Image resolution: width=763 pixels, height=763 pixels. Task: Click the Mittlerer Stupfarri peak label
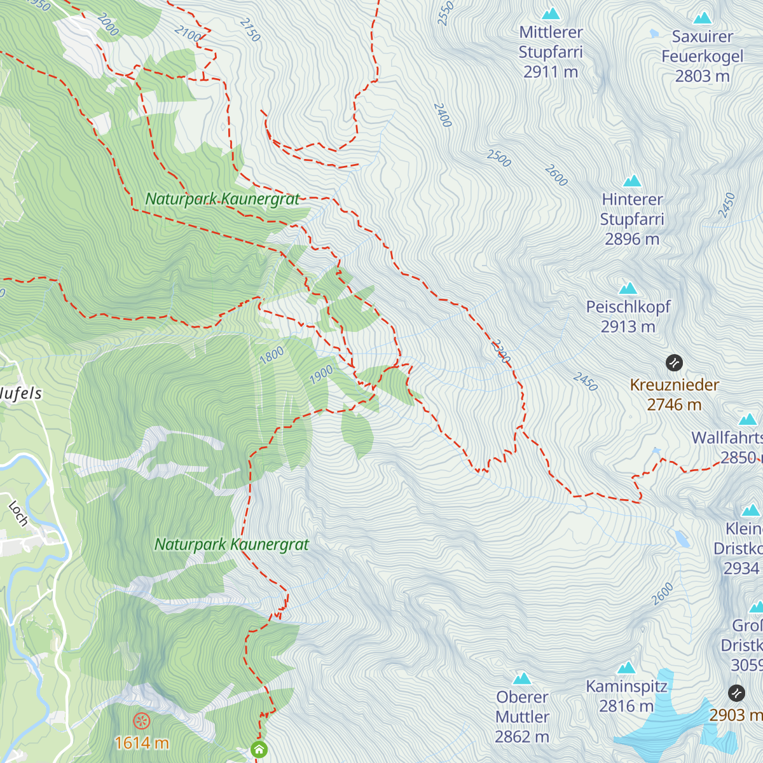[551, 52]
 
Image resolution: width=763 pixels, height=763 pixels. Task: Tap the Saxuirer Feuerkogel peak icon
[703, 18]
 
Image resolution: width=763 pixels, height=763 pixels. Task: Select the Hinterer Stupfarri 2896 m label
[632, 219]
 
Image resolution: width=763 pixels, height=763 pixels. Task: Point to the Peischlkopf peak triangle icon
[628, 288]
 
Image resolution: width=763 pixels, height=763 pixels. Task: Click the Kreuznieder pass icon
[674, 363]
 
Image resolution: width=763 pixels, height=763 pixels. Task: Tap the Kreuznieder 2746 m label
[674, 394]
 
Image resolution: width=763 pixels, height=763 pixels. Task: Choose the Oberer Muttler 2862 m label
[522, 717]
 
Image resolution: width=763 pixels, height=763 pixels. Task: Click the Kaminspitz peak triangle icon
[627, 668]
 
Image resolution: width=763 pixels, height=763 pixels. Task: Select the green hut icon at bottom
[259, 749]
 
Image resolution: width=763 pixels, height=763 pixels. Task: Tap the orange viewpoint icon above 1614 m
[141, 721]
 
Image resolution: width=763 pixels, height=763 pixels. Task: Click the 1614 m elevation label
[141, 743]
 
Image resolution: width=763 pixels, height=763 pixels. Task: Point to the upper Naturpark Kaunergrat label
[222, 199]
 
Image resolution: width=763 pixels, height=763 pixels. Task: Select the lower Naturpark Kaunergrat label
[231, 544]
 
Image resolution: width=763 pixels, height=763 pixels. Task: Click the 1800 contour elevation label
[272, 355]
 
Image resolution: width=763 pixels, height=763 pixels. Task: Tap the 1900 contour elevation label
[321, 375]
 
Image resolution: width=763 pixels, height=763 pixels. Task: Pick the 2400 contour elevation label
[443, 114]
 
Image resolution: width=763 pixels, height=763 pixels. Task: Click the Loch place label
[18, 514]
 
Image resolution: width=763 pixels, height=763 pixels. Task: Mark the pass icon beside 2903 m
[736, 692]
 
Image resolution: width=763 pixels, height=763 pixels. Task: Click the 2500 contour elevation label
[499, 158]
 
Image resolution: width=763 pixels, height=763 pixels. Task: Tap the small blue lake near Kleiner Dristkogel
[682, 539]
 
